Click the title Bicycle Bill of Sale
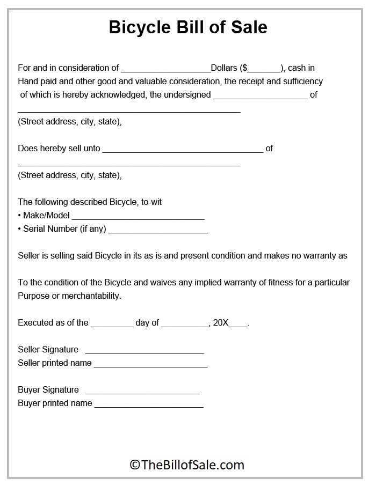[x=187, y=27]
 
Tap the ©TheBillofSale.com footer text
[x=187, y=465]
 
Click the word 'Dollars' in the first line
[x=225, y=68]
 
